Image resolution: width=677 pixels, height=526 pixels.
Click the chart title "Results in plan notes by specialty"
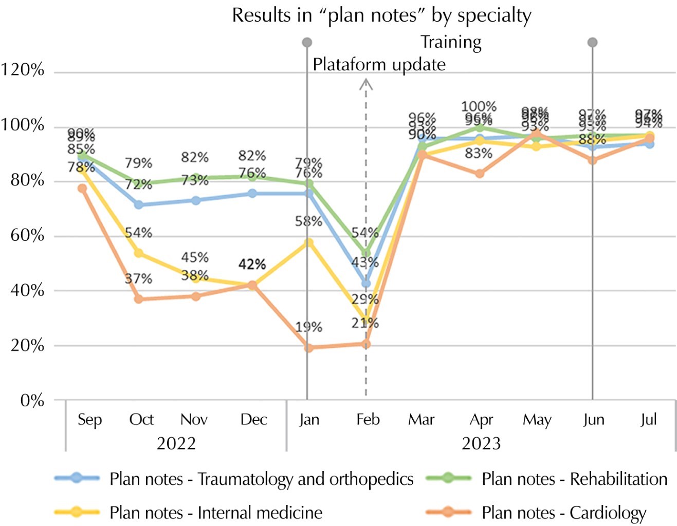381,15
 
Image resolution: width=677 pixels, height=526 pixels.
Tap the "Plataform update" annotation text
379,65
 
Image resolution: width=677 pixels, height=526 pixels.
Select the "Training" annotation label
451,42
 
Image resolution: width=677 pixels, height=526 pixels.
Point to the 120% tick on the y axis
23,70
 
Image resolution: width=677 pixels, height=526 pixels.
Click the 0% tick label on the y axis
32,401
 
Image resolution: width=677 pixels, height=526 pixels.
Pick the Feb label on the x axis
368,420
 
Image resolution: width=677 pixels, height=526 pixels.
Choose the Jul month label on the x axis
648,420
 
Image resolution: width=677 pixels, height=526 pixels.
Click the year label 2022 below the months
176,443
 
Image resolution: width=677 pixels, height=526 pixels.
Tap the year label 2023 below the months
481,443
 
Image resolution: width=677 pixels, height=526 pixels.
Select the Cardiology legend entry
563,513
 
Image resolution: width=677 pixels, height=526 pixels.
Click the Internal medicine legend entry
216,513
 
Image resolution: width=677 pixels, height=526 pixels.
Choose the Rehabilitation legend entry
574,479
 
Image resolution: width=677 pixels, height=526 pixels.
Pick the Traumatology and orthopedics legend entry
261,479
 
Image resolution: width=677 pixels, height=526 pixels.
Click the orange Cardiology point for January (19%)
308,348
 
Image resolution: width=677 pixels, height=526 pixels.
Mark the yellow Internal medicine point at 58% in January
308,242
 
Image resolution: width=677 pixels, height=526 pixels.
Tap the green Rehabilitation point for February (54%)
365,253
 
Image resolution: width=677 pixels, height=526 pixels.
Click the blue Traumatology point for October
138,204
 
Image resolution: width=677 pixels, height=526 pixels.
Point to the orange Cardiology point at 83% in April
479,174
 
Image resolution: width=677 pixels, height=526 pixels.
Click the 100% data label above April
479,107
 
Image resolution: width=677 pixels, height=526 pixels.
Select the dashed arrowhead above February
365,84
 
